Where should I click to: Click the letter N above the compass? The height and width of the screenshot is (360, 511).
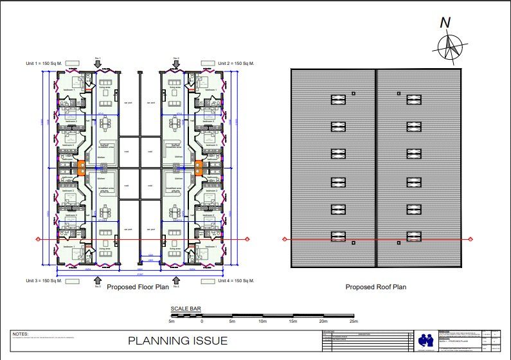(x=445, y=22)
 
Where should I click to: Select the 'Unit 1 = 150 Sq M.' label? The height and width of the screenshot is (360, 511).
(x=42, y=63)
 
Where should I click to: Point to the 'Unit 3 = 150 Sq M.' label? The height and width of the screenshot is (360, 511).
(x=42, y=281)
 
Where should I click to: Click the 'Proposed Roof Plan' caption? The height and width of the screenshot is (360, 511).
(x=376, y=287)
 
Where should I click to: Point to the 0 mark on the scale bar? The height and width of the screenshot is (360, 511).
(x=202, y=321)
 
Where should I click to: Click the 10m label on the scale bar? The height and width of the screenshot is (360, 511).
(x=263, y=321)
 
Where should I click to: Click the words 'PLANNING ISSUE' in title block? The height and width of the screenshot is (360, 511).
(x=177, y=341)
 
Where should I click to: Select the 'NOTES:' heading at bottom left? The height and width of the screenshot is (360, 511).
(x=21, y=334)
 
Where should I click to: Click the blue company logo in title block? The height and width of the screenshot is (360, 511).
(x=426, y=339)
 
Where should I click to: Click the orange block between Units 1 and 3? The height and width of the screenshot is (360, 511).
(x=82, y=168)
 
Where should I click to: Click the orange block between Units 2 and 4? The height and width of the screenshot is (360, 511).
(x=198, y=168)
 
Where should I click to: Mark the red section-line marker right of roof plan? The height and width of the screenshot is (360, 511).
(x=474, y=240)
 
